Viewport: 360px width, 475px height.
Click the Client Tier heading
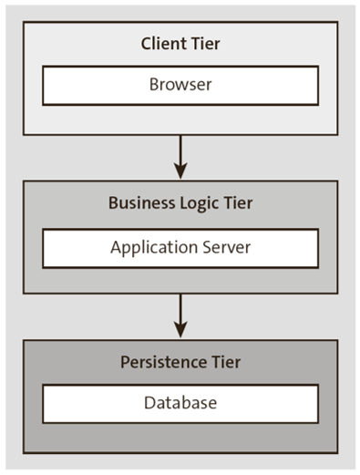(x=180, y=44)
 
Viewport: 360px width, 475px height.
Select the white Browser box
(x=180, y=85)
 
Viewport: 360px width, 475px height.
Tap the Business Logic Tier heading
(x=180, y=203)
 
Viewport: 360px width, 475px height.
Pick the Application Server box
(x=180, y=247)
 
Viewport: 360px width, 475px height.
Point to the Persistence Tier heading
(x=180, y=362)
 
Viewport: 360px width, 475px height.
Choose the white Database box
(x=180, y=403)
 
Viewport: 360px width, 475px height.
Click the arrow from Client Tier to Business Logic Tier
(x=180, y=155)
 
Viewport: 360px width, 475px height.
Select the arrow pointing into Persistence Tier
(x=180, y=315)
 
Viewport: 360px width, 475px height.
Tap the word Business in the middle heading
(x=139, y=203)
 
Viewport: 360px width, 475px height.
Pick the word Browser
(x=180, y=85)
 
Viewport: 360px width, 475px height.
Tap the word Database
(x=180, y=403)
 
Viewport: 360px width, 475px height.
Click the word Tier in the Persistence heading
(x=224, y=362)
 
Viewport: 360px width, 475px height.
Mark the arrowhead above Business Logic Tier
(x=180, y=170)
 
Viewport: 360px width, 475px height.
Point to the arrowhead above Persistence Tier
(x=180, y=330)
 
